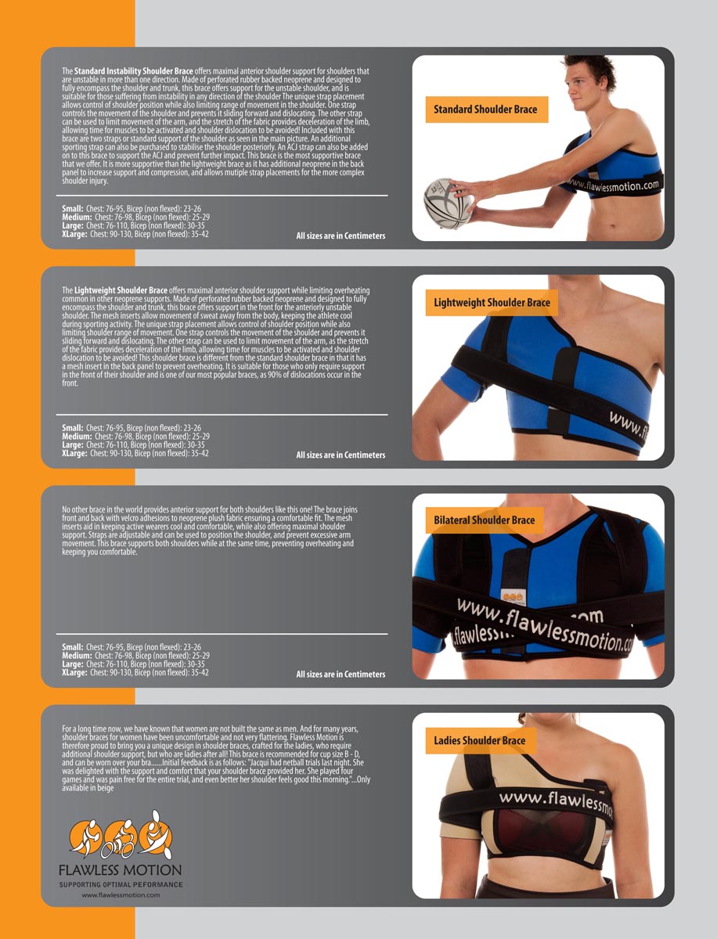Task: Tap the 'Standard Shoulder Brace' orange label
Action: click(487, 110)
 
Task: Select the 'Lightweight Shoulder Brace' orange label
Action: click(492, 303)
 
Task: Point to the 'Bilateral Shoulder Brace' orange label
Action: click(485, 520)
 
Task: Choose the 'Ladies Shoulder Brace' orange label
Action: click(481, 740)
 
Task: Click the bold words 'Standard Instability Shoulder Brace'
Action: click(134, 71)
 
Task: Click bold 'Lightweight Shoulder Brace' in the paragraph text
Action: click(121, 290)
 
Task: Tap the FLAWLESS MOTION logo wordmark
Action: click(121, 869)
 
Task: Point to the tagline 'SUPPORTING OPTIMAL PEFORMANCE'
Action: click(121, 884)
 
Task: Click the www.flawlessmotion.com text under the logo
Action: click(121, 894)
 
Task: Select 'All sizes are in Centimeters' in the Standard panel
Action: click(340, 236)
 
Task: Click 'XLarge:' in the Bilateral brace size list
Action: click(74, 672)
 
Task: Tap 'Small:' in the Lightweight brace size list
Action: click(73, 428)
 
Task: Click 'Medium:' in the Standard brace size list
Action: click(77, 218)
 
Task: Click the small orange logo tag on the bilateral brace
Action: click(512, 598)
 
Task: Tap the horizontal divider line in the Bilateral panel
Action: click(222, 634)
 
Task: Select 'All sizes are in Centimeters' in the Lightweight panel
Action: click(340, 455)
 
